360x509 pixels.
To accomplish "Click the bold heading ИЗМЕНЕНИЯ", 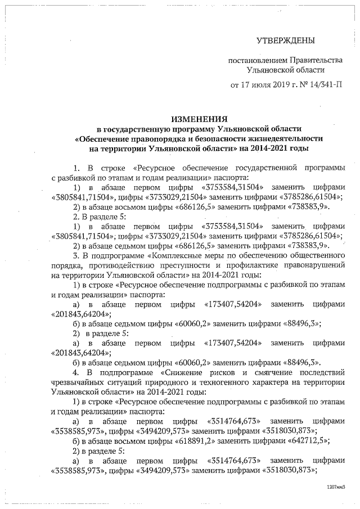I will [x=200, y=119].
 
